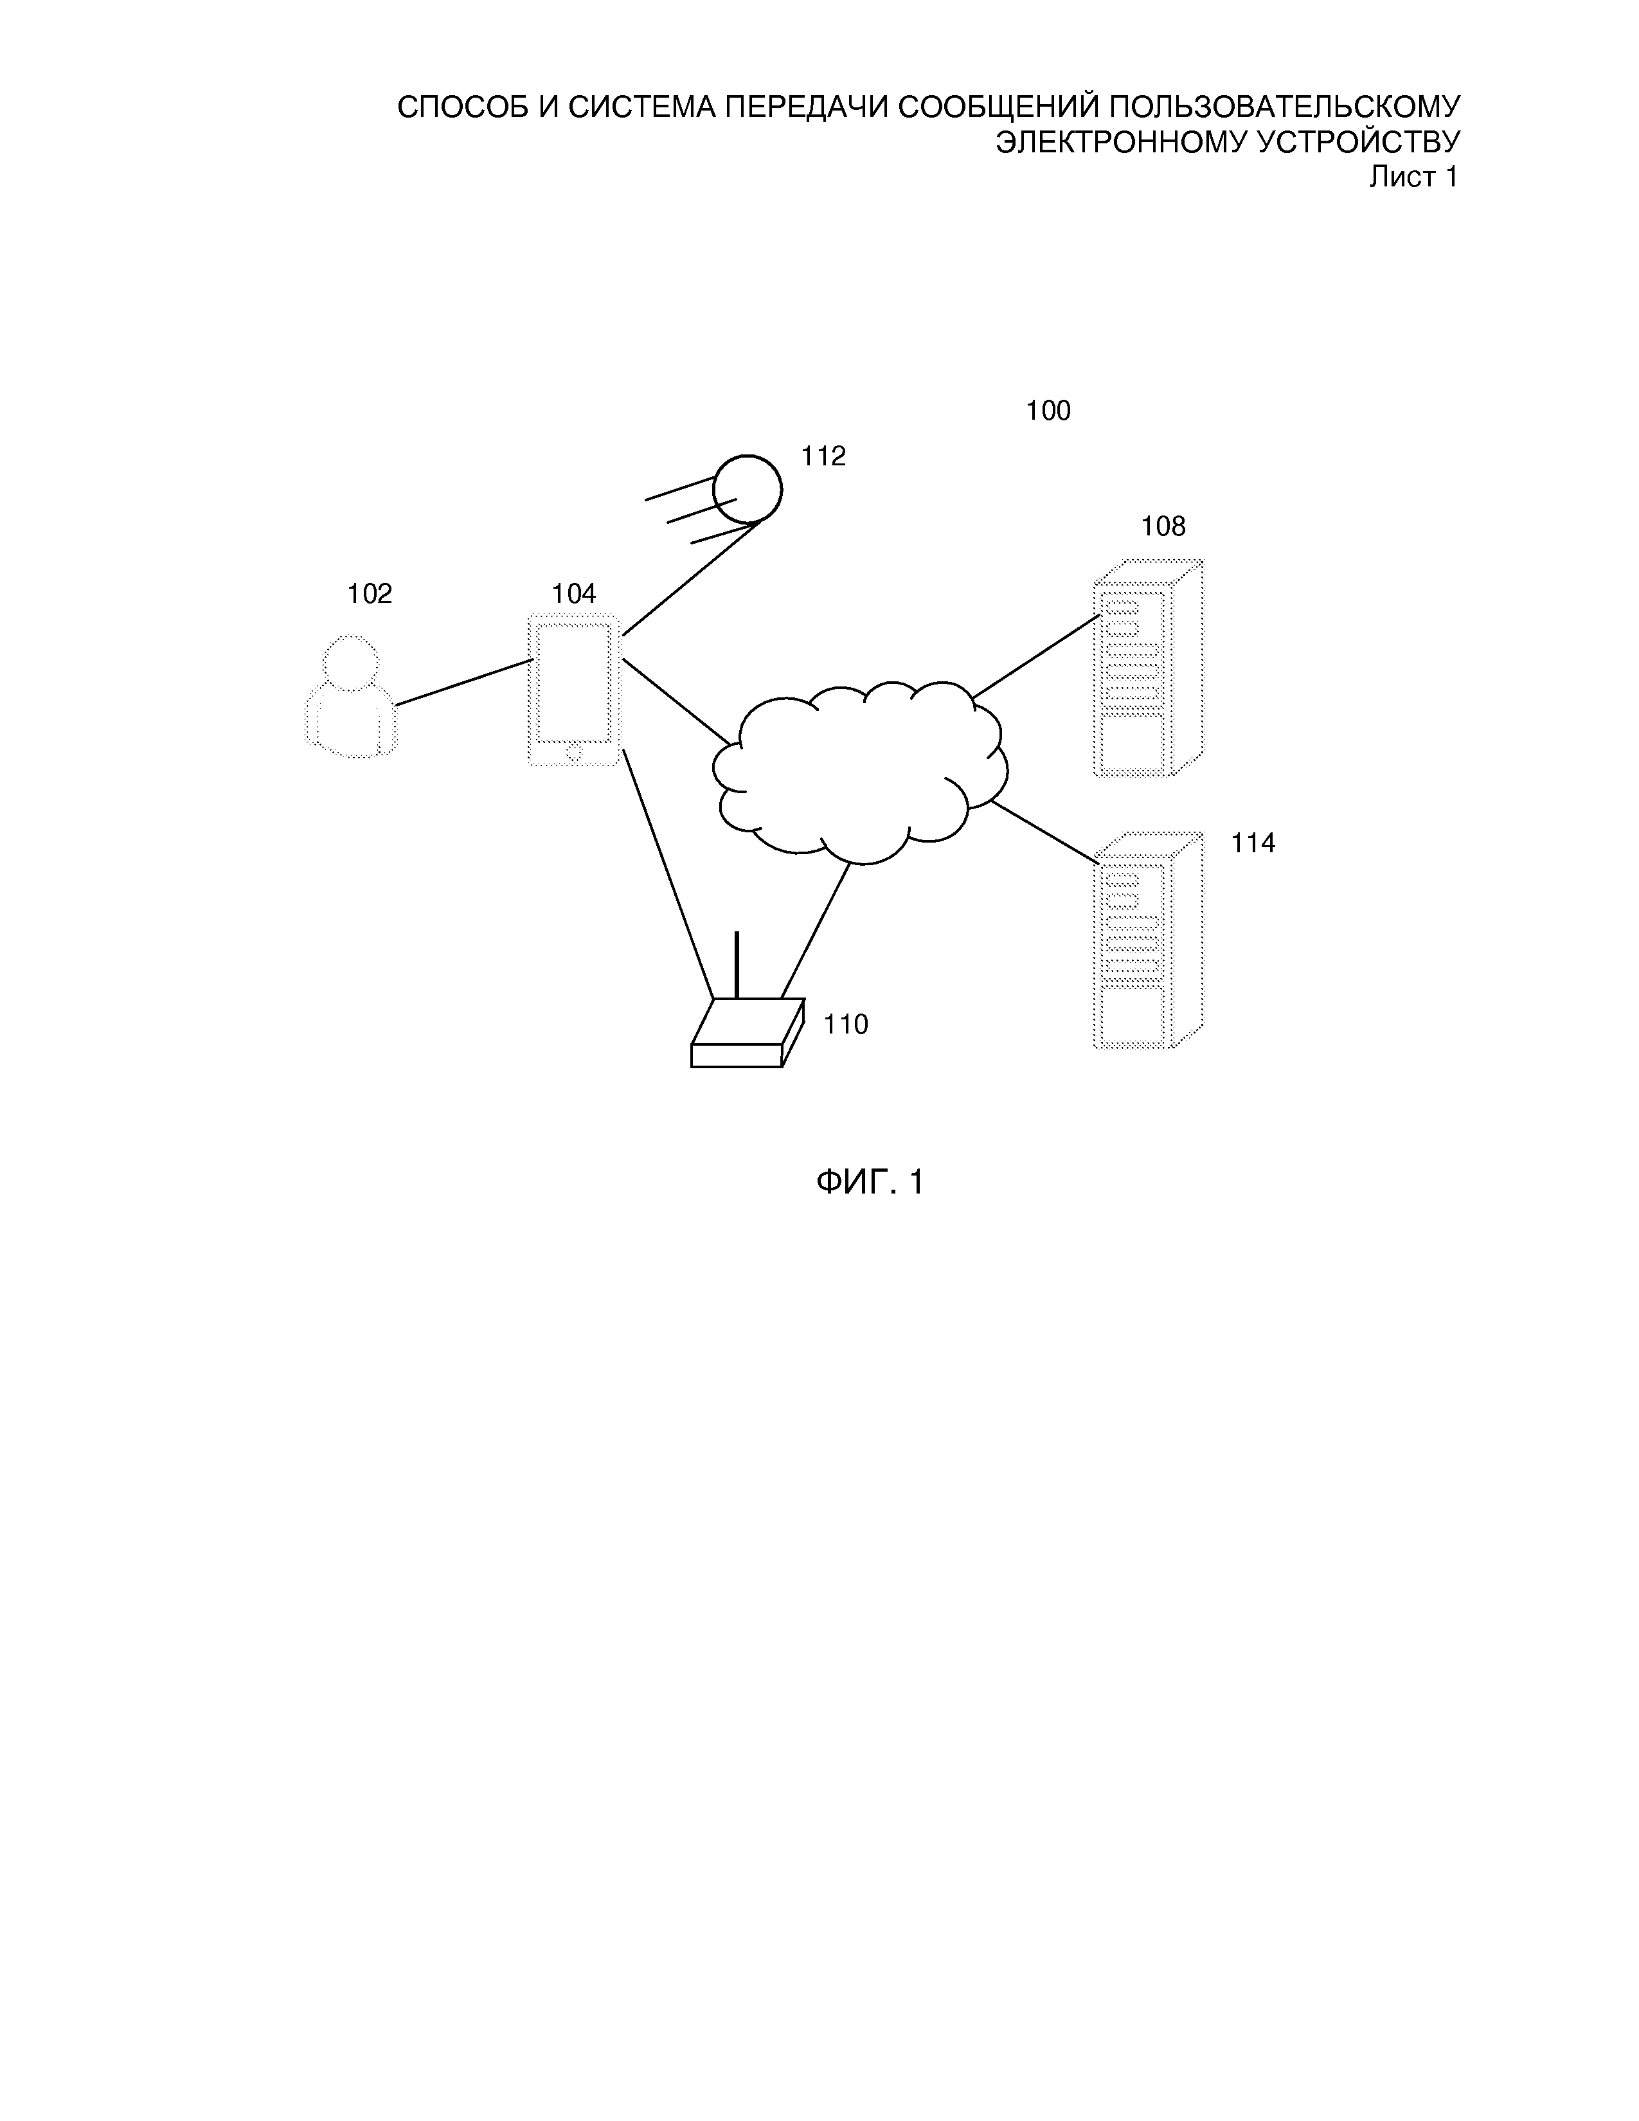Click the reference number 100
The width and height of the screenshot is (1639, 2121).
pos(1048,411)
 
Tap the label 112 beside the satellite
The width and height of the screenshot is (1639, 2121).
pos(823,456)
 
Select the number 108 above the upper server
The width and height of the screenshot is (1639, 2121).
pos(1162,526)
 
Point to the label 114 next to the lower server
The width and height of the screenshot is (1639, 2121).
pos(1253,843)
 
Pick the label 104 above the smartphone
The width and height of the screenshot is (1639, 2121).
pos(574,593)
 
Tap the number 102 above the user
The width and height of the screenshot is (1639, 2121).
pos(370,593)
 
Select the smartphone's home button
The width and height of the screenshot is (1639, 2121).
pos(574,751)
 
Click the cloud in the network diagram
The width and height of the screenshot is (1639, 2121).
pos(859,772)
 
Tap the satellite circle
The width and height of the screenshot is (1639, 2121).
pos(748,488)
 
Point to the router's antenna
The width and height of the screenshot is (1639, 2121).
pos(737,964)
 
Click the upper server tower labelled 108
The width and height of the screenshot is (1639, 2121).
pos(1147,669)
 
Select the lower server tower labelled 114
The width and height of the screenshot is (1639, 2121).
pos(1147,941)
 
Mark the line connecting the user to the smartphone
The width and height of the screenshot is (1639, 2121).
pos(463,682)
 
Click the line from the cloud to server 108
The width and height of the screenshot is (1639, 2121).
pos(1036,656)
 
